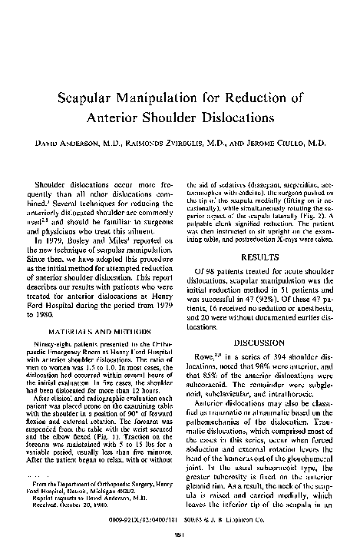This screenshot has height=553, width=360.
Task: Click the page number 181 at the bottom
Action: tap(180, 535)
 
